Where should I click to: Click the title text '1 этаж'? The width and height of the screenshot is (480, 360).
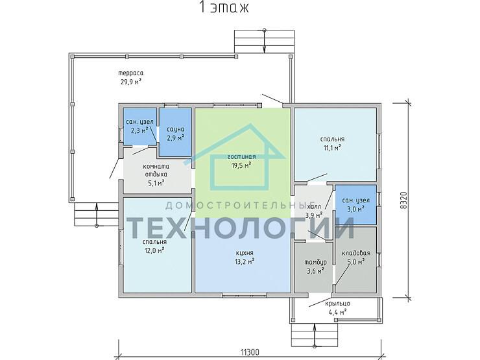click(x=224, y=7)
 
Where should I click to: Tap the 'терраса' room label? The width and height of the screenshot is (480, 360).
click(x=131, y=73)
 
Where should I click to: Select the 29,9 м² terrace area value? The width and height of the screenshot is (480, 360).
click(x=131, y=82)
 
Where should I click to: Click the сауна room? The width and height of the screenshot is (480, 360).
click(x=176, y=132)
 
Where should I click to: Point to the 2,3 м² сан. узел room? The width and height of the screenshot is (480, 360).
click(x=140, y=126)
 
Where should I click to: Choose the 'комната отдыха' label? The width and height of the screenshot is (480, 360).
click(x=156, y=171)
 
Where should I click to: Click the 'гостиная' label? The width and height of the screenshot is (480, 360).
click(x=241, y=157)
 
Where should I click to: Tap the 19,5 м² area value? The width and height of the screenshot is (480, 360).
click(x=241, y=165)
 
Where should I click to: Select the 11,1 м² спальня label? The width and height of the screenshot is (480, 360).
click(x=333, y=143)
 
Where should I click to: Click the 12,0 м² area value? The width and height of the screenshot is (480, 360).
click(x=154, y=250)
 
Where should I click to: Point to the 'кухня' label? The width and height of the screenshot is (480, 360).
click(x=245, y=253)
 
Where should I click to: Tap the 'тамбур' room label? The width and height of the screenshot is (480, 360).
click(x=315, y=262)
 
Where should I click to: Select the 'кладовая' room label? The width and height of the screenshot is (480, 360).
click(x=356, y=253)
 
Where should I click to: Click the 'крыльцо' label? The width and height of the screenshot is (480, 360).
click(x=338, y=304)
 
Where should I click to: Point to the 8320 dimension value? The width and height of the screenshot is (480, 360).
click(x=403, y=200)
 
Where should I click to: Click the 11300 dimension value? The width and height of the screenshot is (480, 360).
click(x=250, y=352)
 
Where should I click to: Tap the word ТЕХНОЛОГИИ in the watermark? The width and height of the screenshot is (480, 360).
click(x=241, y=228)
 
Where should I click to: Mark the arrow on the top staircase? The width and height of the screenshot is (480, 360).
click(x=265, y=42)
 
